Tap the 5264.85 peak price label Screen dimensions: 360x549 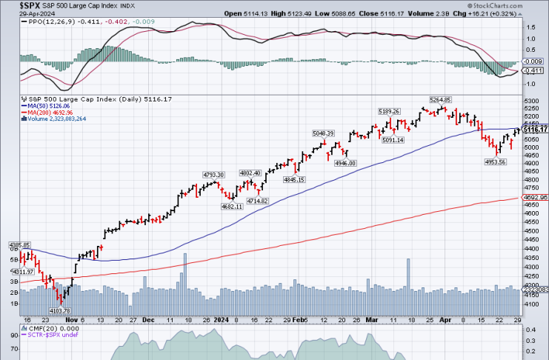pos(441,99)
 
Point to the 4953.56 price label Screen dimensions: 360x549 pos(495,161)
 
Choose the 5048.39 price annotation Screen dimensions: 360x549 pos(324,133)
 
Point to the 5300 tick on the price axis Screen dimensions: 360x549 pos(530,99)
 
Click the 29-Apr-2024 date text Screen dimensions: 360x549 pos(20,13)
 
